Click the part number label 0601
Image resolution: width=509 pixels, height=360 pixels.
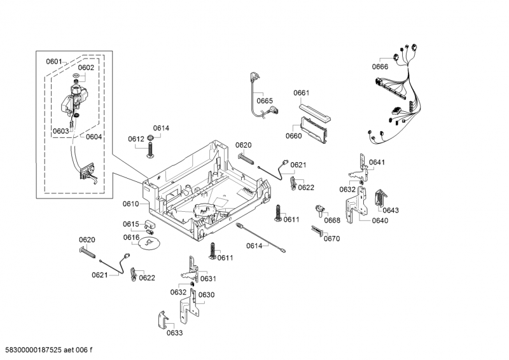[54, 61]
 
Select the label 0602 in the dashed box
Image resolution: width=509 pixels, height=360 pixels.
[86, 67]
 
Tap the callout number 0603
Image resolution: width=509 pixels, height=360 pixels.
[61, 131]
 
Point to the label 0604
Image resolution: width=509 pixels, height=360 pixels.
[94, 136]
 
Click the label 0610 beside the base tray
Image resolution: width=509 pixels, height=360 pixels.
[130, 204]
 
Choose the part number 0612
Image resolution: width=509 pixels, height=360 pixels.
[136, 139]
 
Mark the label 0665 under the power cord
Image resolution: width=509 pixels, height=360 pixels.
[265, 100]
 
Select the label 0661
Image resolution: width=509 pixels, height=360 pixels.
[301, 93]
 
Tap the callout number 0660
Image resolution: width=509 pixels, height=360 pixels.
[293, 135]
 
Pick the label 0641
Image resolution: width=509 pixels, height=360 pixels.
[377, 162]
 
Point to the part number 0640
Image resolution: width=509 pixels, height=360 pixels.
[379, 221]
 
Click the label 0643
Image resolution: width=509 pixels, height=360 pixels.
[391, 210]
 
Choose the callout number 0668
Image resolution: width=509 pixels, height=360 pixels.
[331, 220]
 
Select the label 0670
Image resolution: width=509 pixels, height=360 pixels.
[331, 239]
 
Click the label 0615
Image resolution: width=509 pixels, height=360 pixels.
[130, 224]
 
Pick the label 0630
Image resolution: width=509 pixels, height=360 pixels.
[206, 294]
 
